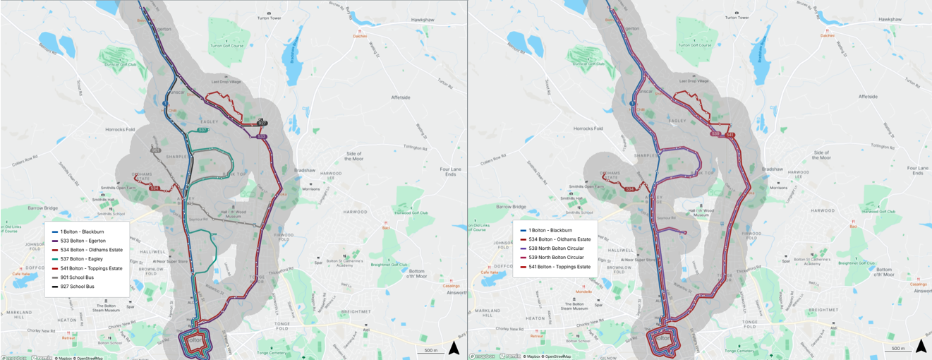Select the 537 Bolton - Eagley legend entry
(80, 259)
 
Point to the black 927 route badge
(262, 123)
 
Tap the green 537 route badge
(202, 130)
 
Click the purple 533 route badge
(262, 136)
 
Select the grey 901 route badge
(155, 150)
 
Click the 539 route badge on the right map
(715, 133)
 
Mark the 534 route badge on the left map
(154, 188)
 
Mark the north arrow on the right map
(921, 347)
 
